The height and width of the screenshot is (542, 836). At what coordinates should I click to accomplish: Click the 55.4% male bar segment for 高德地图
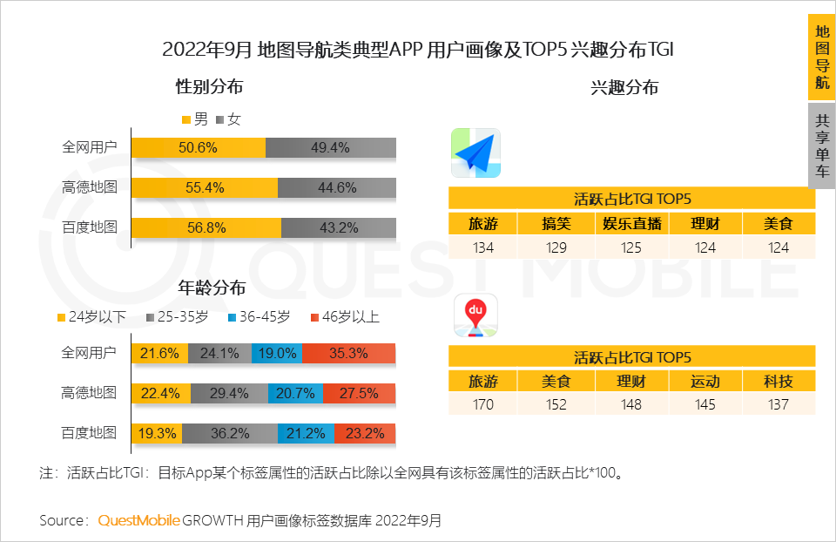[205, 187]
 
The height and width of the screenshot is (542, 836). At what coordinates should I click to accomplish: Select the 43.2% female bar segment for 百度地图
[339, 227]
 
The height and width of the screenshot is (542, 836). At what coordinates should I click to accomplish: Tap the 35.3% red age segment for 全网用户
[349, 353]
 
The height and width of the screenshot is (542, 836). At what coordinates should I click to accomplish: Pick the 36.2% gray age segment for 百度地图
[230, 432]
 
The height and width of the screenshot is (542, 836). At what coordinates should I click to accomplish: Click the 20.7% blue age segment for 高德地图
[295, 393]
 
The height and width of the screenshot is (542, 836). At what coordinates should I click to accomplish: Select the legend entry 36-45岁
[259, 317]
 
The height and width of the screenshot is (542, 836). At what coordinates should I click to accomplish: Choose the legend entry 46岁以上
[344, 317]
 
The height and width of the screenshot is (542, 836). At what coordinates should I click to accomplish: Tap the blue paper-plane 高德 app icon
[475, 153]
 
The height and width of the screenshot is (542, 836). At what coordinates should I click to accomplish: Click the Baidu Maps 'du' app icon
[475, 316]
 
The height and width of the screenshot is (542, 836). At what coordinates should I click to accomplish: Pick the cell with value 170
[482, 403]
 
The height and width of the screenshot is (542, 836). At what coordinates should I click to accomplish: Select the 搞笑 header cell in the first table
[556, 223]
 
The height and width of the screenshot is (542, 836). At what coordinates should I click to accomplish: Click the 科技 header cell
[779, 381]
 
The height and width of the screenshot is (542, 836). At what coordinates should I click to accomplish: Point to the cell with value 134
[482, 247]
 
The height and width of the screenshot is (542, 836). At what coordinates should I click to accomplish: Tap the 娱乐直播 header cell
[631, 223]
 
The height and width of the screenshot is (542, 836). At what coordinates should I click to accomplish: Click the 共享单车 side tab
[821, 146]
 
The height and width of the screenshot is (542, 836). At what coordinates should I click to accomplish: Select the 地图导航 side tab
[821, 57]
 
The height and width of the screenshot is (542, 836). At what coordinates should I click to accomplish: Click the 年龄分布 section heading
[212, 288]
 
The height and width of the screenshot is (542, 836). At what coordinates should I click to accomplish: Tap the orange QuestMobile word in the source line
[138, 520]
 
